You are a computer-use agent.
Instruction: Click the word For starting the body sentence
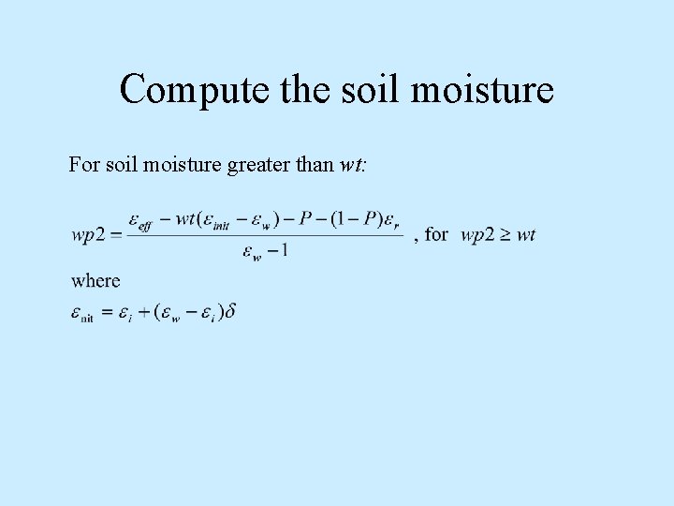point(82,165)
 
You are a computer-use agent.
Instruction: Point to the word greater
point(254,165)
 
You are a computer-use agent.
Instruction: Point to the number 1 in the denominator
point(283,250)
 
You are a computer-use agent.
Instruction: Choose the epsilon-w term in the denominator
point(251,251)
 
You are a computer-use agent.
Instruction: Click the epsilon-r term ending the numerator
point(393,220)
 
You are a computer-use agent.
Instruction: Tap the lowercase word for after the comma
point(436,233)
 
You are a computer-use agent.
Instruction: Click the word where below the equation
point(95,280)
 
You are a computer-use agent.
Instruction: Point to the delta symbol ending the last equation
point(230,311)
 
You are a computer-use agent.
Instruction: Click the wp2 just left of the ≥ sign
point(476,234)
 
